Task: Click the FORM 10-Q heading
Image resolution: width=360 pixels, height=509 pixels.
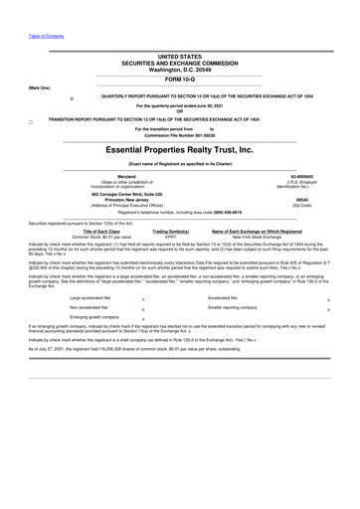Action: click(x=179, y=79)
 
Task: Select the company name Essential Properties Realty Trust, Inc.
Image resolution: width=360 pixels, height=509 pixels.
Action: click(x=179, y=148)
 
